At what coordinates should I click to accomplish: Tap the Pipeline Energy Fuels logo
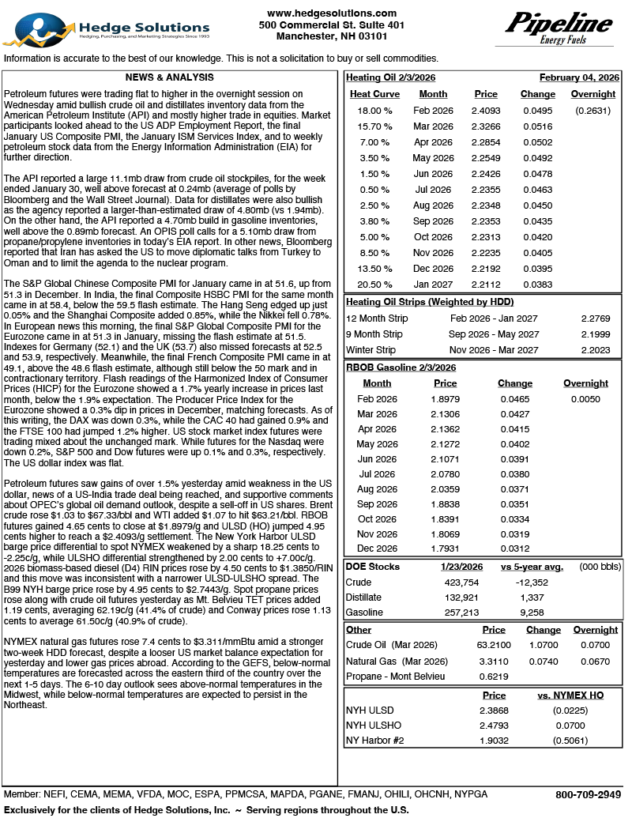[559, 29]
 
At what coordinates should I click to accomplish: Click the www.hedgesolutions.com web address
[332, 13]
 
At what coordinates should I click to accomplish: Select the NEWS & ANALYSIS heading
[170, 77]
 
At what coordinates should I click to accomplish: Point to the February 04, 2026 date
[579, 77]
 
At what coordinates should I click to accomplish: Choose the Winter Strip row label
[371, 349]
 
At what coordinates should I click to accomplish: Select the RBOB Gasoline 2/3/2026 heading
[401, 368]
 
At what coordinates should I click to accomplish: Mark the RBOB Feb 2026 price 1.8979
[446, 400]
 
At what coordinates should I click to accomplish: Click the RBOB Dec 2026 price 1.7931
[446, 548]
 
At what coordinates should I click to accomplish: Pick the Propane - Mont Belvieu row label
[395, 676]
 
